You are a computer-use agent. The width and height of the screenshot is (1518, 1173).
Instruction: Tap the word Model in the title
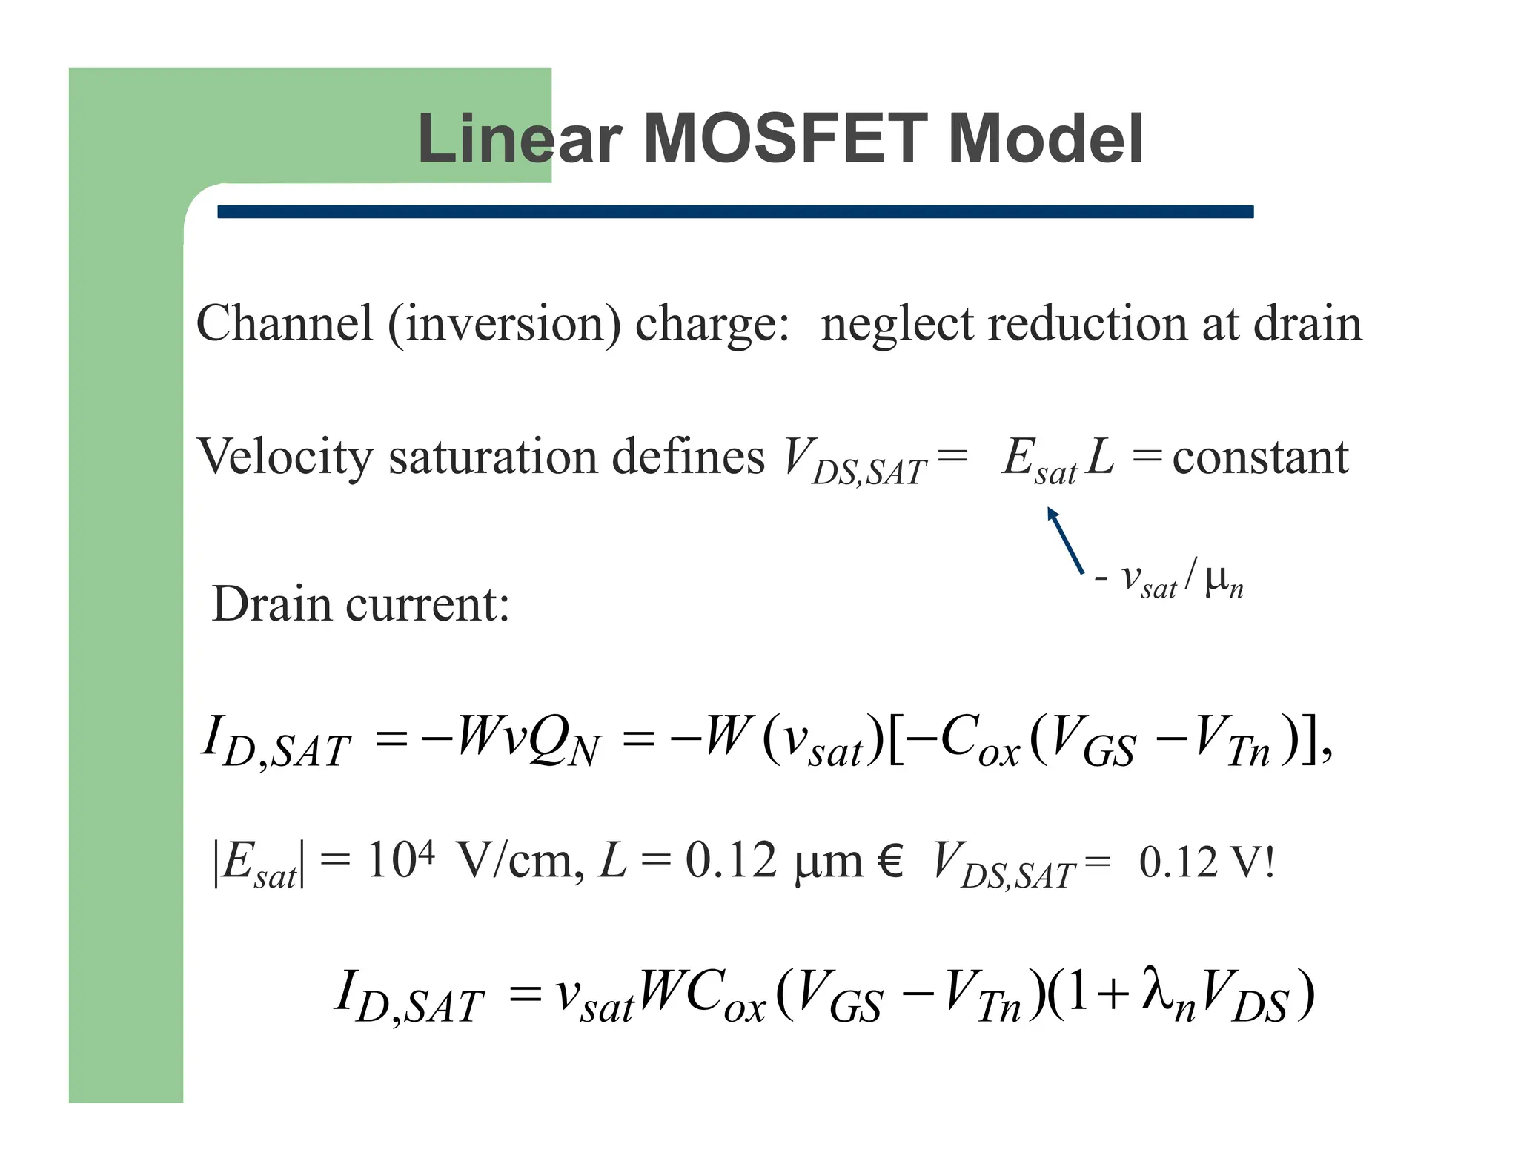pyautogui.click(x=1045, y=139)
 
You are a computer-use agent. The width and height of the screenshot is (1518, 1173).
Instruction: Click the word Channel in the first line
pyautogui.click(x=284, y=324)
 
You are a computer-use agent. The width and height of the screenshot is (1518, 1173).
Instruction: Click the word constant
pyautogui.click(x=1260, y=457)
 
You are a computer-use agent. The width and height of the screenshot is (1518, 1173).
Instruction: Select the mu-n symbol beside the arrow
pyautogui.click(x=1224, y=582)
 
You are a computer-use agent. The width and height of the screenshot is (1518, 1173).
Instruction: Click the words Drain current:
pyautogui.click(x=361, y=604)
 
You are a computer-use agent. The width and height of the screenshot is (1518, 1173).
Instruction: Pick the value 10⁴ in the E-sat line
pyautogui.click(x=400, y=860)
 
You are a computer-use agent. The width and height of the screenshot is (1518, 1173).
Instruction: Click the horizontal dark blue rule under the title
pyautogui.click(x=735, y=212)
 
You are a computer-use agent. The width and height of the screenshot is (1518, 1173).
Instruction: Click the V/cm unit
pyautogui.click(x=516, y=862)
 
